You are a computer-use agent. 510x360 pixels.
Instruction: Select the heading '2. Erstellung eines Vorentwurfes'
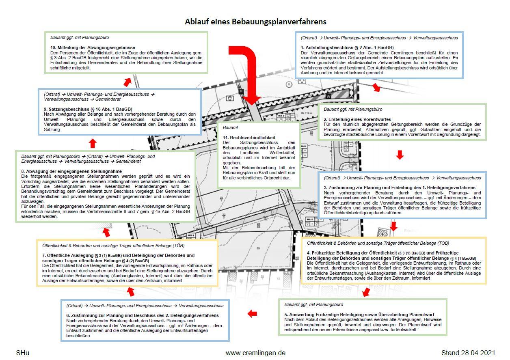[357, 119]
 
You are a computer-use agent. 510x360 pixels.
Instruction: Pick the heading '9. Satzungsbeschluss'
[88, 109]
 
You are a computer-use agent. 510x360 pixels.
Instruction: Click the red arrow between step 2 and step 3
[400, 155]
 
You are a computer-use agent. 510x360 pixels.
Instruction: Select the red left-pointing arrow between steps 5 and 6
[253, 313]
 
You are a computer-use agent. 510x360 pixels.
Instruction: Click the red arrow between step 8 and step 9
[93, 143]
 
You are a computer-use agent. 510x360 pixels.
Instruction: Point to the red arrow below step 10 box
[127, 82]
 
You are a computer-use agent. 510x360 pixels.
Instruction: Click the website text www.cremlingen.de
[255, 353]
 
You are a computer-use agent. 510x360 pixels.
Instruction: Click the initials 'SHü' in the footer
[23, 353]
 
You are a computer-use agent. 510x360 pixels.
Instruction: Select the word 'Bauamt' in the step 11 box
[230, 127]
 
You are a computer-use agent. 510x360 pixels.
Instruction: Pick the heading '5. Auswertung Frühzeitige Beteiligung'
[359, 315]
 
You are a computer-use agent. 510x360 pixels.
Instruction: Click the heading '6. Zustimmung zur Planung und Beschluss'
[142, 315]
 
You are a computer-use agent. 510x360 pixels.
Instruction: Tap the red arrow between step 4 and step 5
[366, 292]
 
